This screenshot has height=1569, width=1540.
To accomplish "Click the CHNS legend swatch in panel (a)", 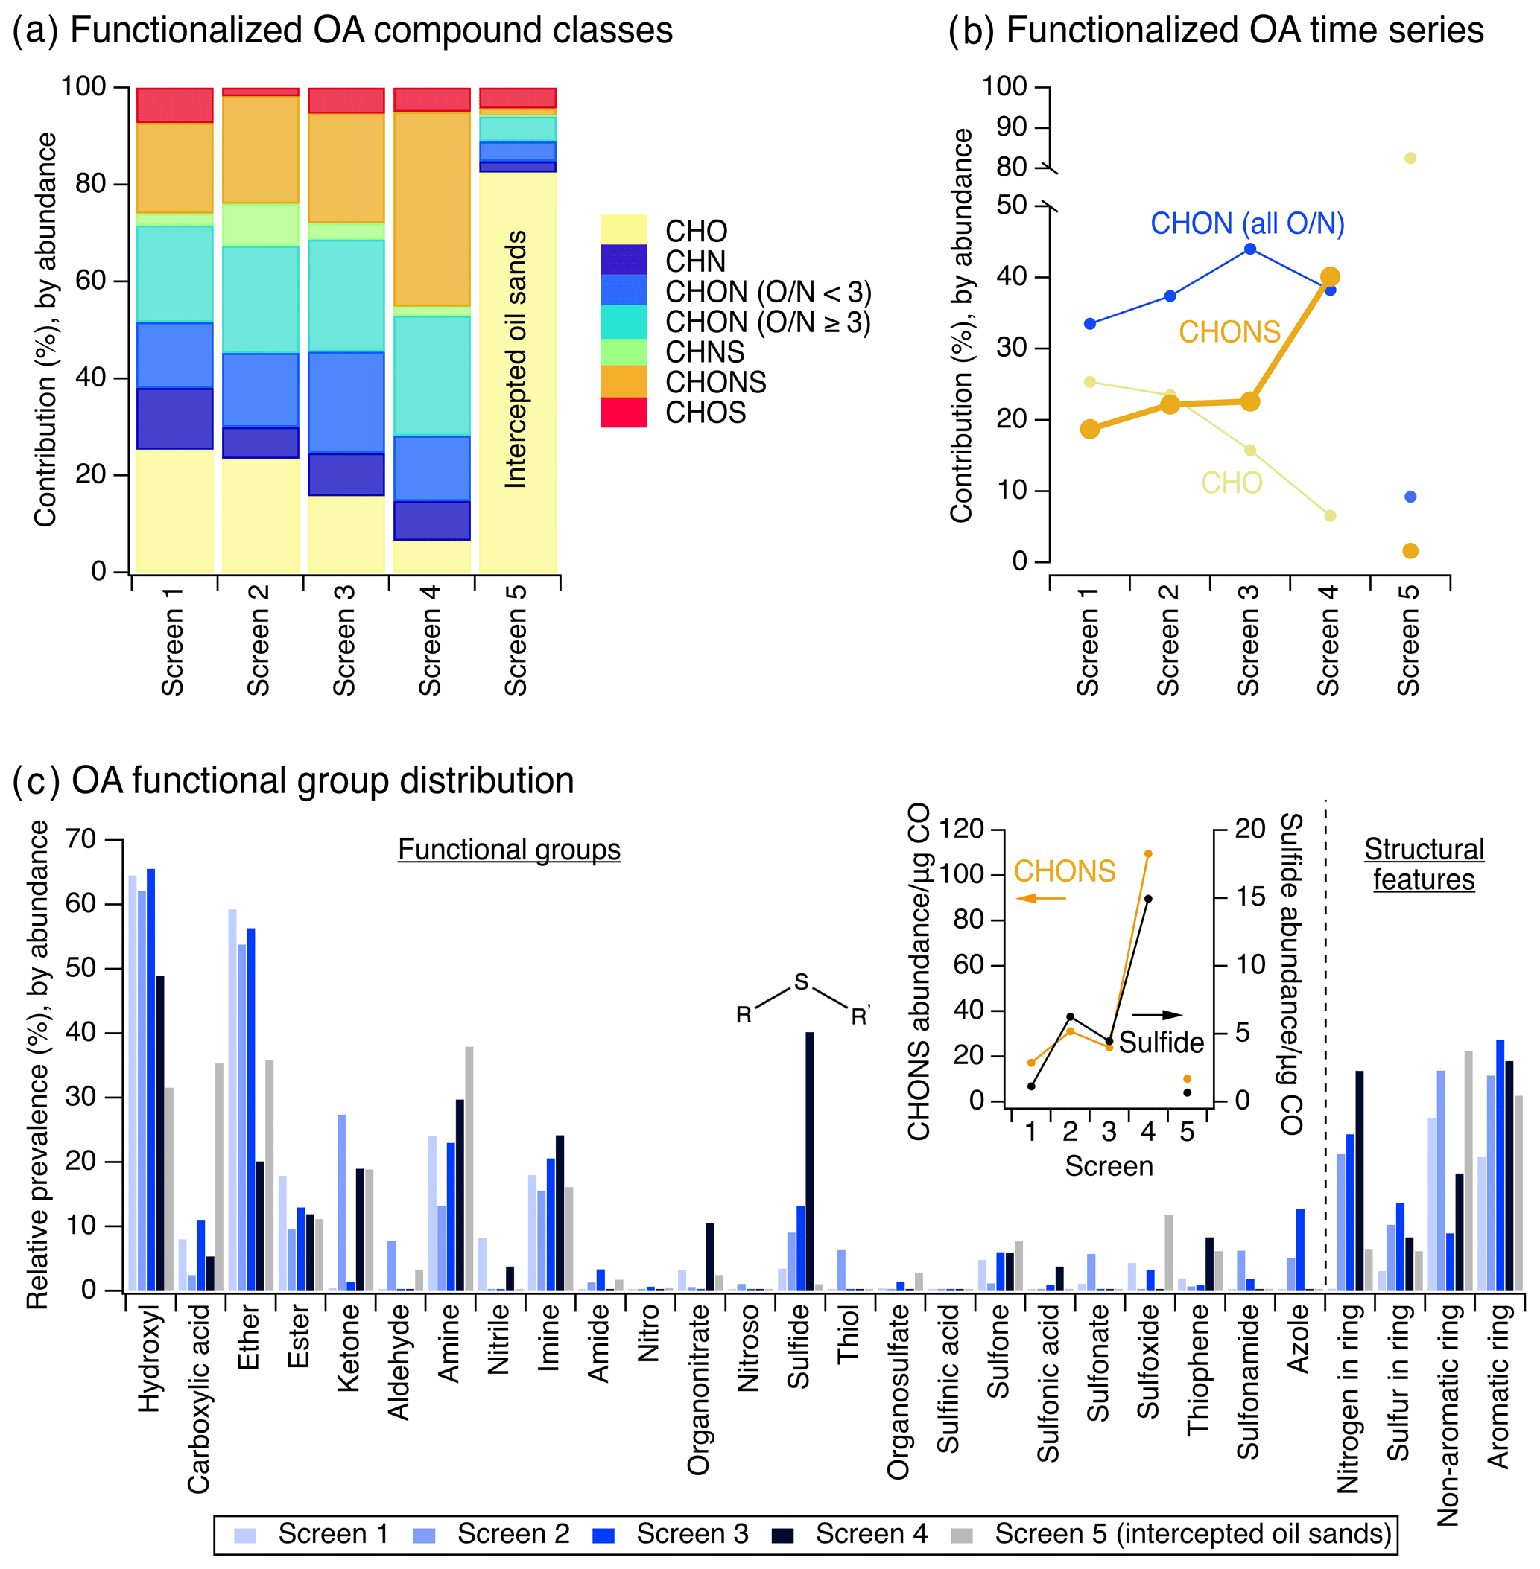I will click(623, 351).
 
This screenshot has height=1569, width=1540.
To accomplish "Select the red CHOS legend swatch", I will click(623, 413).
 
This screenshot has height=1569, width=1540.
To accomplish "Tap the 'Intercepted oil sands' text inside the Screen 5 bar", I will click(516, 360).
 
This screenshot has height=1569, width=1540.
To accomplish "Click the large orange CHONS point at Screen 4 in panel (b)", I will click(1329, 276).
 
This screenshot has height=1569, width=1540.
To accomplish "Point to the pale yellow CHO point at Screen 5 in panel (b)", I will click(1410, 159).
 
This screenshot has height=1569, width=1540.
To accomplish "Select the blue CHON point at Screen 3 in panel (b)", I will click(1249, 249).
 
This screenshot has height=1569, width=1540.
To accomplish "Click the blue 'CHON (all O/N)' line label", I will click(1246, 223).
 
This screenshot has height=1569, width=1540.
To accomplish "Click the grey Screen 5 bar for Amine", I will click(469, 1168).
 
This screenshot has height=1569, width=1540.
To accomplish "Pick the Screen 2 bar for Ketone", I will click(342, 1202).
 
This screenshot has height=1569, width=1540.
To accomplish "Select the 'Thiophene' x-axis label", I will click(1198, 1369).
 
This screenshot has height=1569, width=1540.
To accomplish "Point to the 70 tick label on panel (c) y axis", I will click(80, 839).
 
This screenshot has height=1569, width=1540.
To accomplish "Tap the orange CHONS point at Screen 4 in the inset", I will click(1147, 853).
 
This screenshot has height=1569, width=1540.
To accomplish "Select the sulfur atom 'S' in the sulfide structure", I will click(801, 982).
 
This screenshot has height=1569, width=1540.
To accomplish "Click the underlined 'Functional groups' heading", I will click(509, 850).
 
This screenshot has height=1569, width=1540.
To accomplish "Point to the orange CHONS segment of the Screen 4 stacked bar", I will click(432, 209).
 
